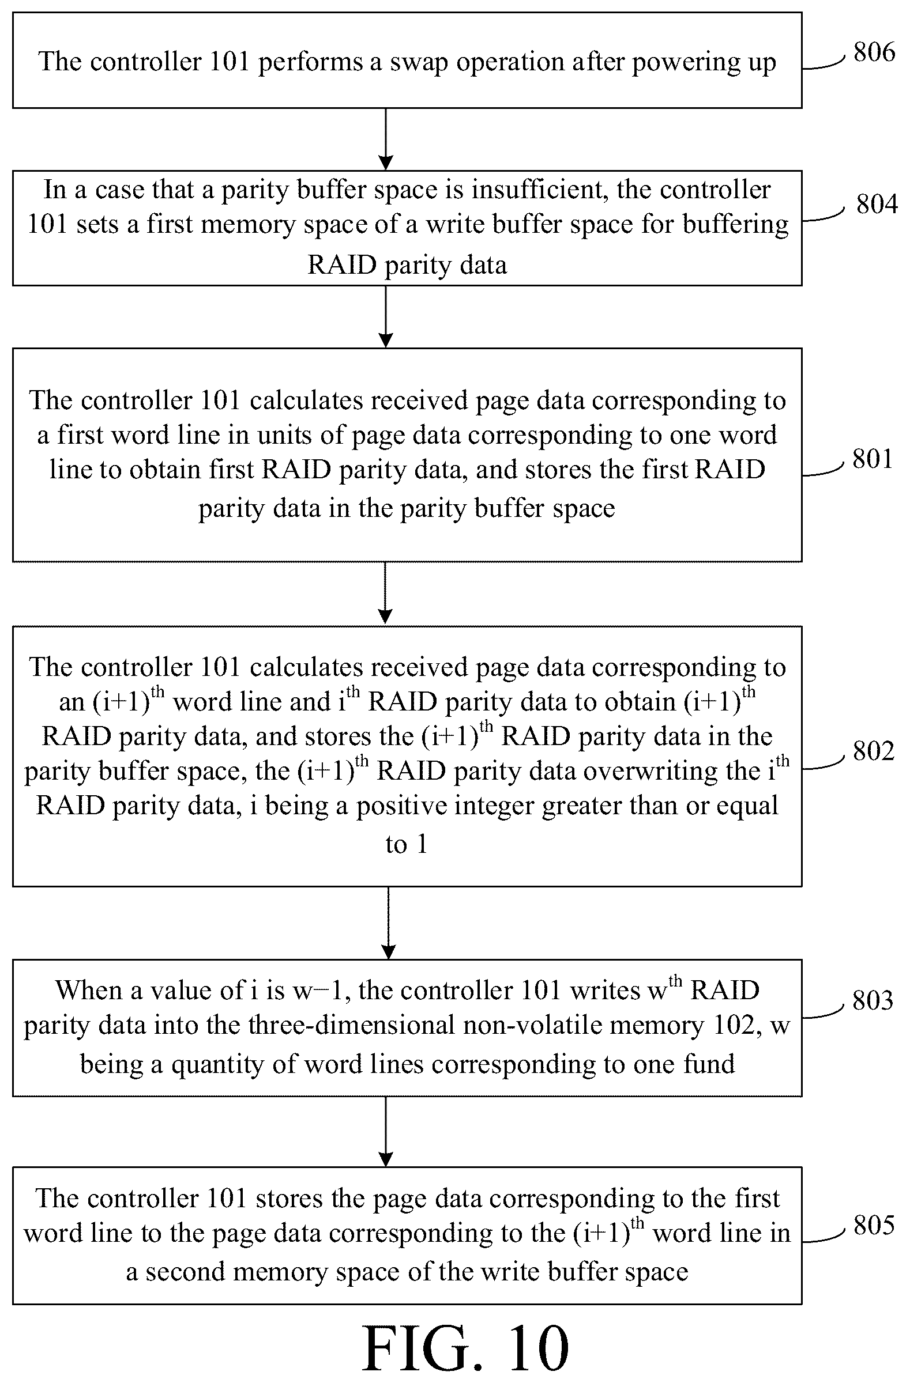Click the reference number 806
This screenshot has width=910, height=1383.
pos(874,52)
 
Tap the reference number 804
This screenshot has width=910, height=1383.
pos(877,204)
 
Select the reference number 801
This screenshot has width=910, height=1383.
pos(872,459)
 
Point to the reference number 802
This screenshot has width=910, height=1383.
pos(873,751)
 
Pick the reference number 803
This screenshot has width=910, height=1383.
pos(873,1000)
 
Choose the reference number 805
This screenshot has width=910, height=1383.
pos(874,1226)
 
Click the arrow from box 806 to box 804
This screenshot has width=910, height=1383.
pos(386,139)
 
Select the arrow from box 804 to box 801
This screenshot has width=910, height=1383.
pos(386,317)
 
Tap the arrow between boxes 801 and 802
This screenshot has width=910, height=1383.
pos(386,594)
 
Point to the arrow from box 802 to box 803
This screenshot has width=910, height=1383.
pos(388,923)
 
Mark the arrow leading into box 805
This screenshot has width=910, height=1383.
pos(386,1131)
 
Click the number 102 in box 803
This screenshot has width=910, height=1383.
pos(737,1025)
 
